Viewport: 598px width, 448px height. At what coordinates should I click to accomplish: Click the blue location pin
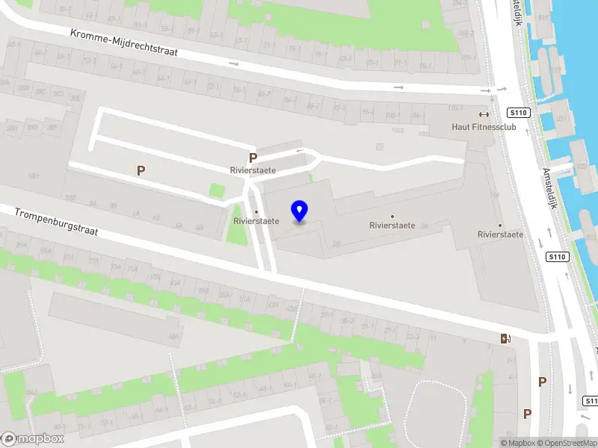[x=300, y=211]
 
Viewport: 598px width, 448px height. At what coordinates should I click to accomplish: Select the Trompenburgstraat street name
[x=56, y=222]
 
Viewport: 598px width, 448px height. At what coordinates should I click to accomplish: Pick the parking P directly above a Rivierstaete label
[x=253, y=158]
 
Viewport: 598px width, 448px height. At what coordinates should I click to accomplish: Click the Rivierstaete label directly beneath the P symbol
[x=253, y=170]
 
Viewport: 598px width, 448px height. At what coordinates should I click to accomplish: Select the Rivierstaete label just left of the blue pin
[x=256, y=221]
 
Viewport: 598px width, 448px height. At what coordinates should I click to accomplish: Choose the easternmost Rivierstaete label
[x=500, y=234]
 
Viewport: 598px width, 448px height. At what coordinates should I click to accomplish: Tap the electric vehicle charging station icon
[x=506, y=338]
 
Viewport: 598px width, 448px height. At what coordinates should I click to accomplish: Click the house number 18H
[x=32, y=176]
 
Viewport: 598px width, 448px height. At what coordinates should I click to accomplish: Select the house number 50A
[x=174, y=337]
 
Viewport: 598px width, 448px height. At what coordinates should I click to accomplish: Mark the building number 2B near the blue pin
[x=336, y=243]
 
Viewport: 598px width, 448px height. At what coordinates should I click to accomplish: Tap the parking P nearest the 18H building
[x=141, y=170]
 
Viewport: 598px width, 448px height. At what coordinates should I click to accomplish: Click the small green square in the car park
[x=217, y=190]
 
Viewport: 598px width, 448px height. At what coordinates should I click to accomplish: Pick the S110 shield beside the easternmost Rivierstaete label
[x=557, y=257]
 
